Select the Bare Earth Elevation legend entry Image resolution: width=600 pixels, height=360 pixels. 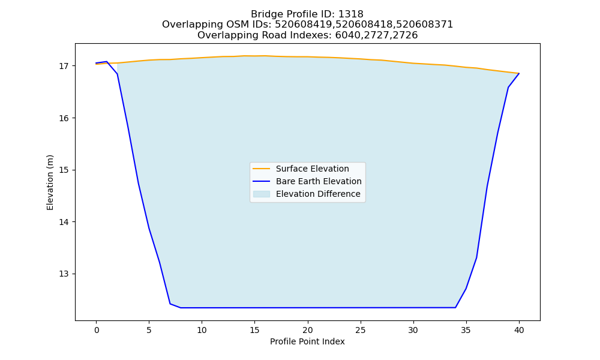(x=307, y=181)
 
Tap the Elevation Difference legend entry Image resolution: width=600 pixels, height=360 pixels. (x=307, y=194)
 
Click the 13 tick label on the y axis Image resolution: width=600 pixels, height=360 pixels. (x=63, y=274)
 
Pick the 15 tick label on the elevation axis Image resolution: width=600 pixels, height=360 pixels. (x=63, y=170)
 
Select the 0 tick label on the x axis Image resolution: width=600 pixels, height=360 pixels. (x=97, y=330)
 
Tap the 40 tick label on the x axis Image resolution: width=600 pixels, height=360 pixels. (x=519, y=330)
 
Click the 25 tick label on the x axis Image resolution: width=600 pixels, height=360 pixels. (x=361, y=330)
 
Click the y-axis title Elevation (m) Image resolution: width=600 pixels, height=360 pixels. (x=50, y=182)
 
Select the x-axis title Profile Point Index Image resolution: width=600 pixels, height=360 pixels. (x=307, y=341)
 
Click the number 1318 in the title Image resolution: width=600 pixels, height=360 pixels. (x=351, y=14)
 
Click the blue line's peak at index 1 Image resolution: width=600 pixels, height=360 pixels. (x=107, y=62)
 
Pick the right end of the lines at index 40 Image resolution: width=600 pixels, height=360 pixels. (x=519, y=73)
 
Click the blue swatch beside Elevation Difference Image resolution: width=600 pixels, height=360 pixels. (x=262, y=194)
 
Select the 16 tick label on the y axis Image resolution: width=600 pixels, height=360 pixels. (x=63, y=118)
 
